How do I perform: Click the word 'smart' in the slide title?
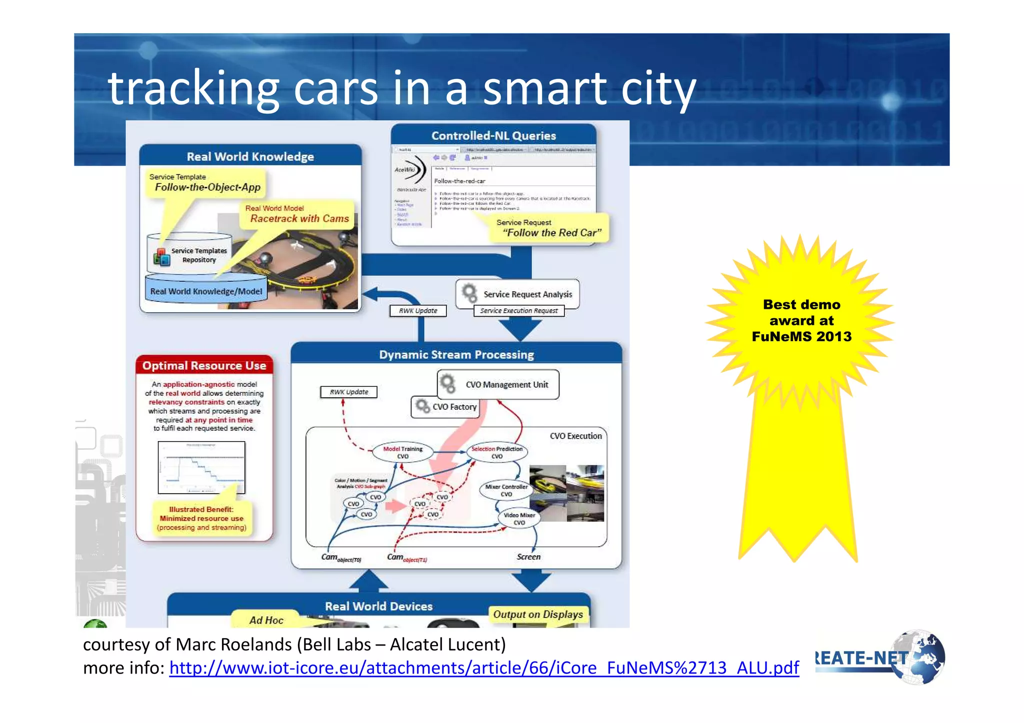[x=544, y=89]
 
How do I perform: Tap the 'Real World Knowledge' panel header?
[x=250, y=156]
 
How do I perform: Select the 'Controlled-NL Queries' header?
[x=493, y=135]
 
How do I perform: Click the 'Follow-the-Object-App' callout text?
[x=207, y=187]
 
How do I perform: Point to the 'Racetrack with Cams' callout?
[x=299, y=218]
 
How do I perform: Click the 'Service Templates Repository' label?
[x=198, y=255]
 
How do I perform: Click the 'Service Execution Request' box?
[x=518, y=311]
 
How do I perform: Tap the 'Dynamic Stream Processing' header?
[x=456, y=354]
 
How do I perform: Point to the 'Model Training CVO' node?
[x=402, y=452]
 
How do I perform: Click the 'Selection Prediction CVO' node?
[x=496, y=452]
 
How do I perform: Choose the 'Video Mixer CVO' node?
[x=519, y=519]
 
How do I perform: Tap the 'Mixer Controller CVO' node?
[x=505, y=490]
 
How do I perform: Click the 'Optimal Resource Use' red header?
[x=204, y=365]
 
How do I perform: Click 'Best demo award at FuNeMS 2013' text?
[x=801, y=320]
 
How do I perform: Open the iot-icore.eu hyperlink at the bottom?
[x=483, y=668]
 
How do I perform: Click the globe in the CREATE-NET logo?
[x=919, y=658]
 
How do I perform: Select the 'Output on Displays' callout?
[x=537, y=614]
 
